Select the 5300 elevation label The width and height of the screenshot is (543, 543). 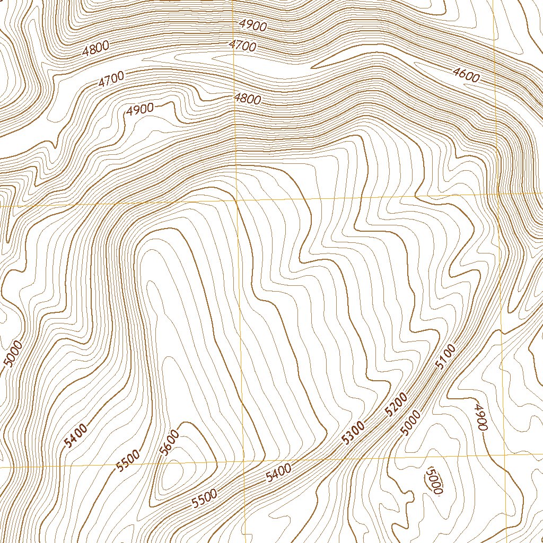coord(354,432)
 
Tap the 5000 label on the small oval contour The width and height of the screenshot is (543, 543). coord(434,480)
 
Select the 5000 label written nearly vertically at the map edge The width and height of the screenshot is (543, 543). coord(13,354)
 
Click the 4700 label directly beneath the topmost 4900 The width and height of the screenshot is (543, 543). coord(243,46)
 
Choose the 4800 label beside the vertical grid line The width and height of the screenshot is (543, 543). coord(247,99)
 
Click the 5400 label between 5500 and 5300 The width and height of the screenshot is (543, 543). coord(278,471)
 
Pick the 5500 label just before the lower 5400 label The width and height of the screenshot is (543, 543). coord(205,498)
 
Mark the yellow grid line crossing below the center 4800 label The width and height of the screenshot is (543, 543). coord(237,202)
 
